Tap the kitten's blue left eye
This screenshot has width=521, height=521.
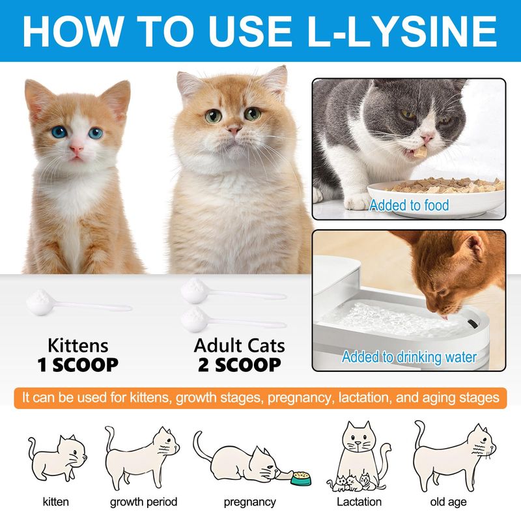pos(59,132)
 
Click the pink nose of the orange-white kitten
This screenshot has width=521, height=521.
pos(76,149)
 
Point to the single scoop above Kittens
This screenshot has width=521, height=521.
pos(79,302)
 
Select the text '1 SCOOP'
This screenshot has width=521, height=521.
pos(77,365)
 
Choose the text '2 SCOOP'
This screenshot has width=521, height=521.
pos(239,365)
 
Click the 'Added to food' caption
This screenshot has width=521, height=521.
pos(409,205)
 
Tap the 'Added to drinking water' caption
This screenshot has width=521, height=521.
pos(410,357)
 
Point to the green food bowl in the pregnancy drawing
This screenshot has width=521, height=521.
pos(301,478)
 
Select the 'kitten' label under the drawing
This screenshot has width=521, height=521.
pos(56,501)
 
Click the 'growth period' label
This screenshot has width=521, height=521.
pos(143,501)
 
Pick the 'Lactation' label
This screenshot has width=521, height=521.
pos(359,501)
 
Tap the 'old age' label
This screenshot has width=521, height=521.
pos(448,502)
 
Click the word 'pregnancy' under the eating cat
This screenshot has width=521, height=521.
pos(250,502)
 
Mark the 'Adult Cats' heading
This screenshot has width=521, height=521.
pos(239,346)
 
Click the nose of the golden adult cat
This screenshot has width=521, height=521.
pos(234,129)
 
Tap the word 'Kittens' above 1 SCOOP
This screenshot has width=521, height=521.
pos(77,346)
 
